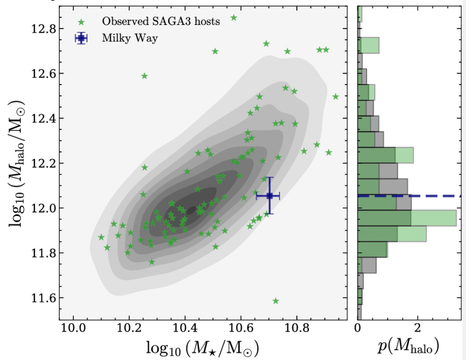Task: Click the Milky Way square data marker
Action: pyautogui.click(x=270, y=196)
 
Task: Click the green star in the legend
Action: pyautogui.click(x=81, y=22)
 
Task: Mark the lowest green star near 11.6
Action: pyautogui.click(x=276, y=302)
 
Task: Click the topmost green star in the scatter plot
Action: pyautogui.click(x=234, y=18)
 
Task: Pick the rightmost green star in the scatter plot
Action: pyautogui.click(x=336, y=96)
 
